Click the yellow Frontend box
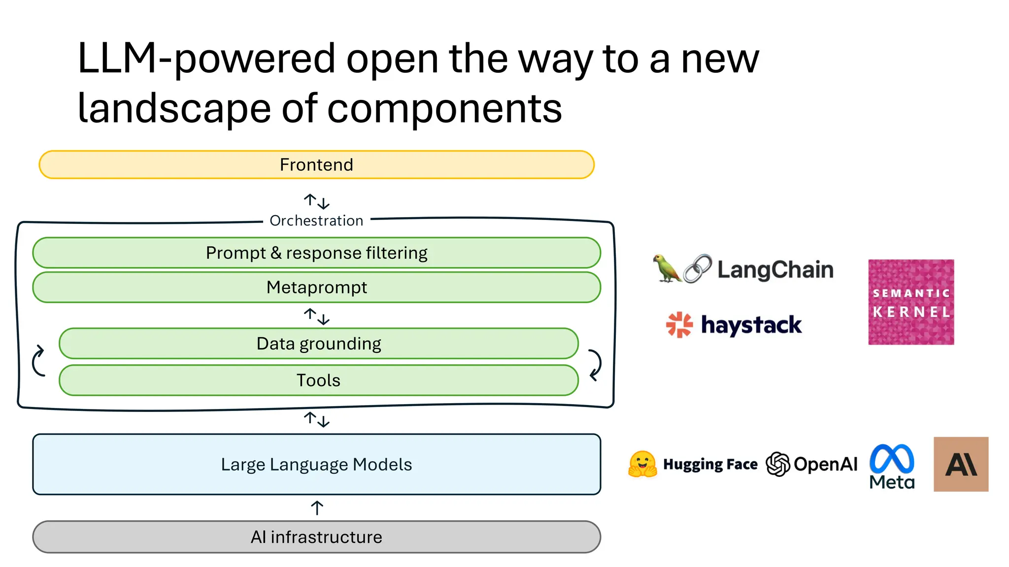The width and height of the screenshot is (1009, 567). (316, 165)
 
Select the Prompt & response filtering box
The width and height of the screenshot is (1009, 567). (316, 253)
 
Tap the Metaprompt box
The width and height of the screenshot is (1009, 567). (316, 287)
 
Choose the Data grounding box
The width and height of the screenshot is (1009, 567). (318, 344)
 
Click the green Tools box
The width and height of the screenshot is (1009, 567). (318, 380)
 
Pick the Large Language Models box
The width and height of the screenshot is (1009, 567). (316, 464)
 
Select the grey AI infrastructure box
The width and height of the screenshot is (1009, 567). (316, 537)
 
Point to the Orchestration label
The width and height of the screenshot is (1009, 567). (316, 220)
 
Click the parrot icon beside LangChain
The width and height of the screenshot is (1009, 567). (666, 269)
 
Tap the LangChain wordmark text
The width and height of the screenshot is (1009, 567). (775, 270)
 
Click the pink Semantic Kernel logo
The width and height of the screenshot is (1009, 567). (911, 302)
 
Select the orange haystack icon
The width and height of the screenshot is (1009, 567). (679, 325)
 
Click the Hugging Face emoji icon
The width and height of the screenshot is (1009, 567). (642, 464)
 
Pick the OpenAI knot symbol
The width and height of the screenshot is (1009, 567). (778, 464)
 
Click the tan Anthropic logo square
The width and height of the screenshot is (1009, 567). (961, 464)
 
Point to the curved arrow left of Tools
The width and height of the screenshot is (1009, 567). (38, 361)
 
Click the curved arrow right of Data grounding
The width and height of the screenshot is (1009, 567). (595, 364)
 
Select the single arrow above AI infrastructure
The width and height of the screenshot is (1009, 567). (317, 508)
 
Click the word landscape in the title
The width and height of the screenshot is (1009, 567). (174, 108)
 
